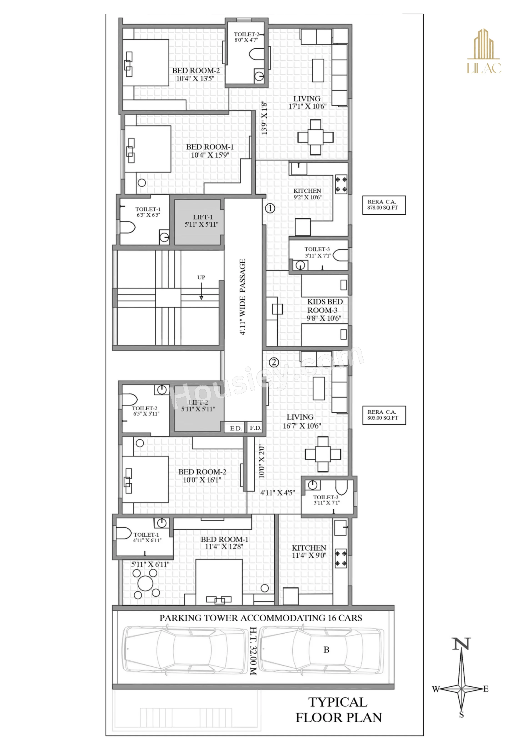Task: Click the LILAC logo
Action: tap(484, 51)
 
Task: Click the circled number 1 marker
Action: tap(270, 208)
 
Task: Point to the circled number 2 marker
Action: tap(274, 362)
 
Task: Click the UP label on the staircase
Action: tap(201, 277)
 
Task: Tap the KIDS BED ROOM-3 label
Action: tap(325, 306)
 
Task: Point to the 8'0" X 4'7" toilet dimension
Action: tap(246, 40)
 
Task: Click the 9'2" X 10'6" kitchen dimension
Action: tap(307, 197)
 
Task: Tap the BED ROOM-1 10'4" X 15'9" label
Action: tap(210, 151)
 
